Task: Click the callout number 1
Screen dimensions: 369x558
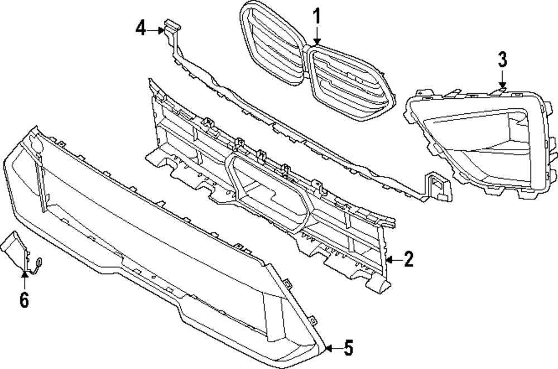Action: pyautogui.click(x=316, y=17)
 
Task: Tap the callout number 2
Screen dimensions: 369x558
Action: pyautogui.click(x=408, y=260)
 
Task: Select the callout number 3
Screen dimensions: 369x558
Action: pyautogui.click(x=502, y=59)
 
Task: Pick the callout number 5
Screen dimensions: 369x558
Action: pyautogui.click(x=348, y=348)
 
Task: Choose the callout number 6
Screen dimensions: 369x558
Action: pyautogui.click(x=24, y=300)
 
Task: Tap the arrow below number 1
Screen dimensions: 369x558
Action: pyautogui.click(x=316, y=38)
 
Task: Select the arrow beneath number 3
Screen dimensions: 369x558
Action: pyautogui.click(x=502, y=80)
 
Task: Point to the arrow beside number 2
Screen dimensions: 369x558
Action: pyautogui.click(x=393, y=260)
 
